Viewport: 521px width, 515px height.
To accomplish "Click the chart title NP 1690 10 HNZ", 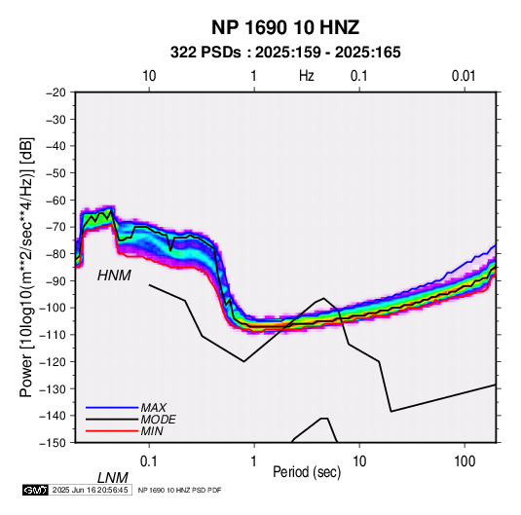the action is (285, 27).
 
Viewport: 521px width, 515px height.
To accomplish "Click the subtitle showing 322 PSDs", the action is (285, 53).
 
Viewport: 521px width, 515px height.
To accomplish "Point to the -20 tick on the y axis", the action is (56, 92).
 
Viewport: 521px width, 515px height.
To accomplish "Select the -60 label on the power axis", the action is (56, 200).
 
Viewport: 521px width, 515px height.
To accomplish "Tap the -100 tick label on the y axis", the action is (54, 308).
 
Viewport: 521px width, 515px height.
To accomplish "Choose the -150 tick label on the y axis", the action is (54, 443).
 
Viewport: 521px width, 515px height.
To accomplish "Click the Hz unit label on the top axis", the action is (307, 76).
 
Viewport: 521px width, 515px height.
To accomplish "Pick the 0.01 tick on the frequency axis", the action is (464, 76).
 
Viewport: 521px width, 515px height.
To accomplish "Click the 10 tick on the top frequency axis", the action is (149, 76).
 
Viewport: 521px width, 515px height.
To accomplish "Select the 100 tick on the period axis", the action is (465, 461).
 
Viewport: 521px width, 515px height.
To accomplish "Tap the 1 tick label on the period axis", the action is (254, 461).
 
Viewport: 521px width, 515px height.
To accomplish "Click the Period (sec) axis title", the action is (307, 472).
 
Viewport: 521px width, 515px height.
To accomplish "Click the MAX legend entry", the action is (153, 407).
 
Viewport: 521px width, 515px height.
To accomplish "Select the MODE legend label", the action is (158, 420).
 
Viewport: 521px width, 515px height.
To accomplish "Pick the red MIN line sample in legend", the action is (112, 431).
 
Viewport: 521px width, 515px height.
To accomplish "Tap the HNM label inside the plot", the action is (114, 276).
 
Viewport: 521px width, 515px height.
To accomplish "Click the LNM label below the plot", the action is (113, 478).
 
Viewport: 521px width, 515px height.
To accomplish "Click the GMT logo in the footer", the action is (36, 490).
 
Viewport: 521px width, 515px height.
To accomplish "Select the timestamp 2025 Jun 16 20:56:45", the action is (90, 490).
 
